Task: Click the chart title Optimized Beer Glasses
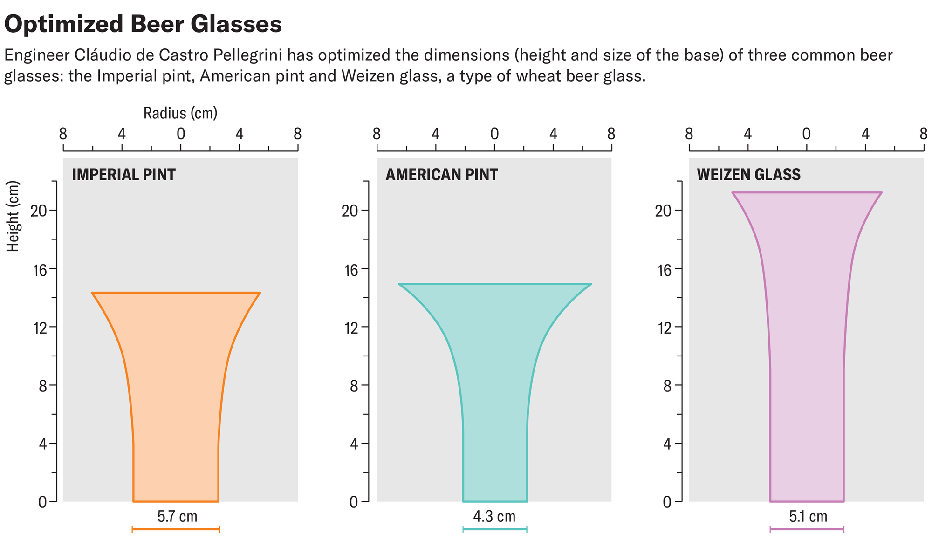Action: pyautogui.click(x=143, y=24)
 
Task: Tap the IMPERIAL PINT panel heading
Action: pyautogui.click(x=123, y=175)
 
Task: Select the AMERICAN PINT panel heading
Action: pyautogui.click(x=441, y=175)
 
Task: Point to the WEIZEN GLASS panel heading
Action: pyautogui.click(x=748, y=175)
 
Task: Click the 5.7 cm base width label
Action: pyautogui.click(x=177, y=517)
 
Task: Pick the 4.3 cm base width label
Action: pyautogui.click(x=494, y=517)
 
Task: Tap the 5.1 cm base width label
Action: pyautogui.click(x=808, y=517)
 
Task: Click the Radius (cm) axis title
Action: pyautogui.click(x=180, y=113)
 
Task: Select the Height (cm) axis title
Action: pyautogui.click(x=14, y=216)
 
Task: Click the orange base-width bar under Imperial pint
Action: pyautogui.click(x=176, y=529)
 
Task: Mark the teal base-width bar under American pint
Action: pyautogui.click(x=494, y=529)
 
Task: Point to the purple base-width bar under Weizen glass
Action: pyautogui.click(x=807, y=529)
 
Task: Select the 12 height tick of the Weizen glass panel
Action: pyautogui.click(x=664, y=328)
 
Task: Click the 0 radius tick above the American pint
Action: pyautogui.click(x=494, y=135)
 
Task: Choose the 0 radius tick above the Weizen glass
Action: pyautogui.click(x=807, y=135)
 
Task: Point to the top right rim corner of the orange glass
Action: pyautogui.click(x=260, y=293)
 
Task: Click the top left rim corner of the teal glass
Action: pyautogui.click(x=399, y=284)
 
